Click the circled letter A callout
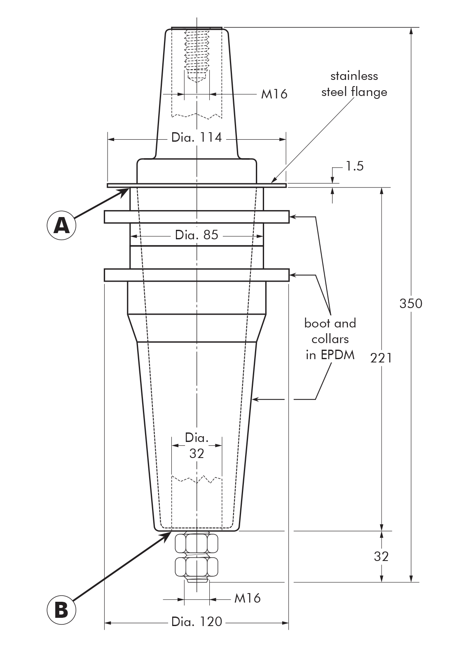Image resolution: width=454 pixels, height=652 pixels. click(61, 225)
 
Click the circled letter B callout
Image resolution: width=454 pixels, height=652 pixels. click(61, 609)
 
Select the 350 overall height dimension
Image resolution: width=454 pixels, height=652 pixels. click(411, 303)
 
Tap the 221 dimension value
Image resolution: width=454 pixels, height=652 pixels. click(381, 358)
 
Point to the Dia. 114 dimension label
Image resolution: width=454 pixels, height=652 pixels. click(197, 138)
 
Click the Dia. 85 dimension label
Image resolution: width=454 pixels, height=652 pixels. click(197, 235)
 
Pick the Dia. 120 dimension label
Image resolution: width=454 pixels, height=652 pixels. click(197, 622)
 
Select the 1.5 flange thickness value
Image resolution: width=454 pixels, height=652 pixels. click(354, 166)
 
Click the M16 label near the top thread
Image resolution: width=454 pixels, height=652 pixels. click(274, 94)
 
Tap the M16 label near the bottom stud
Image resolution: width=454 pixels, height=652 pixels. click(247, 598)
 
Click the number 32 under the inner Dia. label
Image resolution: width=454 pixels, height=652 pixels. click(197, 453)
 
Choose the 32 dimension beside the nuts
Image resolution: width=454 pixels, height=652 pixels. click(381, 556)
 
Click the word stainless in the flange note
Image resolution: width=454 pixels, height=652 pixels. click(354, 76)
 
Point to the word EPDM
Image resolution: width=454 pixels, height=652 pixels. click(338, 355)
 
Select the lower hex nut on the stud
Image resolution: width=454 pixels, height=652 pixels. click(197, 567)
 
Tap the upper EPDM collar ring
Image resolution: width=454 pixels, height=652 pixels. click(197, 217)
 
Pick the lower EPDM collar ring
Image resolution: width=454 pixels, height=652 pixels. click(197, 275)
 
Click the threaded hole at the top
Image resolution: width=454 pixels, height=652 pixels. click(197, 54)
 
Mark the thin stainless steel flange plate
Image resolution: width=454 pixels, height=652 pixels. click(197, 185)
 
